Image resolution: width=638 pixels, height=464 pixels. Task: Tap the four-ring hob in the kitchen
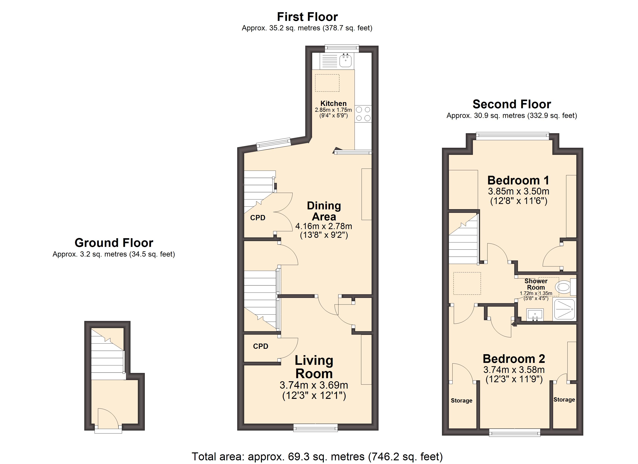[363, 114]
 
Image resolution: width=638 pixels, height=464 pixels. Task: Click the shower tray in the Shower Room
[565, 310]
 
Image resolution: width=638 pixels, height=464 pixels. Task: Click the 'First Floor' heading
[307, 17]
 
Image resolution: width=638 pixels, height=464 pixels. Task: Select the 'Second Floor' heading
[512, 104]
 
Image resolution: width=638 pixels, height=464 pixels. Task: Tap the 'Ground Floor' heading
[114, 243]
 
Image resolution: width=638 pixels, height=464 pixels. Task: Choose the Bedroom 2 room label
[514, 359]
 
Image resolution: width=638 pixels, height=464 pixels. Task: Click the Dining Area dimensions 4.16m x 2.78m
[324, 226]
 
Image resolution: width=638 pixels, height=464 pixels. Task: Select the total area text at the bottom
[317, 456]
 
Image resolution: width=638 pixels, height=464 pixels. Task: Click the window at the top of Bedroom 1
[513, 136]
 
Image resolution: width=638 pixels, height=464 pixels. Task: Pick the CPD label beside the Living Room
[260, 346]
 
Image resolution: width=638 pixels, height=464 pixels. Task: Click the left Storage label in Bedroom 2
[462, 400]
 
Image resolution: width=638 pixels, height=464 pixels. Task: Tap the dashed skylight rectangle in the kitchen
[327, 83]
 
